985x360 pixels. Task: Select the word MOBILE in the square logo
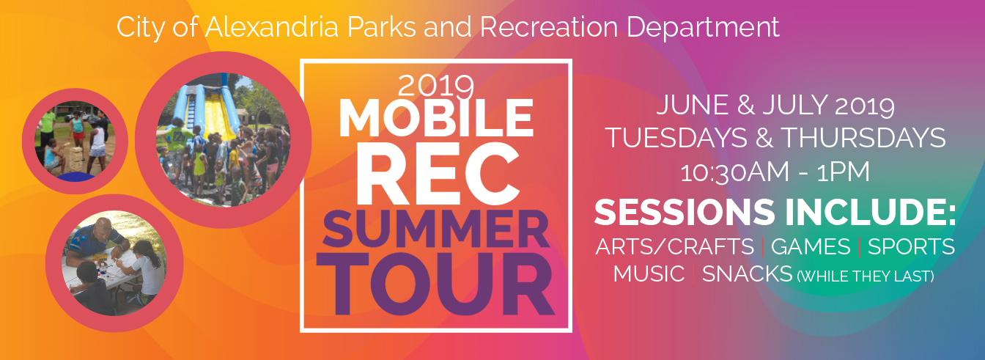point(436,117)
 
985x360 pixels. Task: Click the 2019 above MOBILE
point(436,87)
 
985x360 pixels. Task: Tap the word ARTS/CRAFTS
point(674,246)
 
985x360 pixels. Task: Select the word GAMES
point(810,246)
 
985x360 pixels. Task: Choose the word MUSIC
point(649,274)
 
